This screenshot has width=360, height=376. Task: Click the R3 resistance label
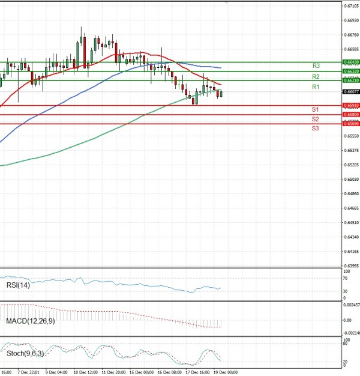(315, 65)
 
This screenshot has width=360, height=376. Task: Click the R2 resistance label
(315, 77)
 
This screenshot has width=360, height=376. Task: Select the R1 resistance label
(315, 87)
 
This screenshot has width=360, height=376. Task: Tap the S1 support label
(315, 109)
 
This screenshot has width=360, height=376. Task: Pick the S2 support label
(315, 119)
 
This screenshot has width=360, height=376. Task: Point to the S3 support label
(315, 129)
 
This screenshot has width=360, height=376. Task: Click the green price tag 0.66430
(351, 62)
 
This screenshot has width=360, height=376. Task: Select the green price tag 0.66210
(351, 80)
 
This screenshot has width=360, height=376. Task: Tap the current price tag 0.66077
(351, 92)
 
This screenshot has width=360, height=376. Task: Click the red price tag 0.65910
(351, 105)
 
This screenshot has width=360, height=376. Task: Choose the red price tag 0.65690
(351, 123)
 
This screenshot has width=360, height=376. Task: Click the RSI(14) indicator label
(18, 285)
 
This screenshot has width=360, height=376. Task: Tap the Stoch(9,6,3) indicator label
(24, 354)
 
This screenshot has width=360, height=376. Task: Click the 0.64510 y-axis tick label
(352, 222)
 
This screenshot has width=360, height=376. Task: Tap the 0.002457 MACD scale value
(352, 305)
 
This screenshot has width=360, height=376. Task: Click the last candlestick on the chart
(221, 93)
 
